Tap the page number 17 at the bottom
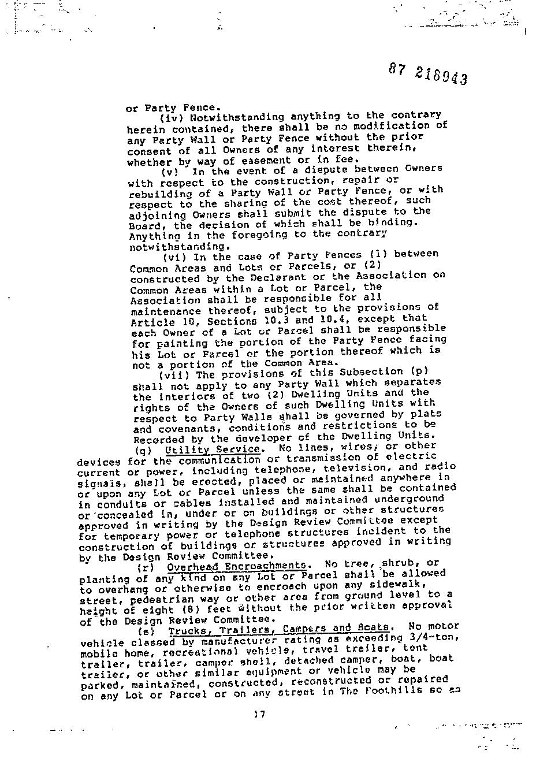coord(259,714)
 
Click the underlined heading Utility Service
coord(212,449)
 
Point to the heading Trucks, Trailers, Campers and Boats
coord(281,628)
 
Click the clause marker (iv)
coord(171,117)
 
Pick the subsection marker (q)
coord(143,450)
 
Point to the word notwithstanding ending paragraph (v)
coord(167,247)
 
